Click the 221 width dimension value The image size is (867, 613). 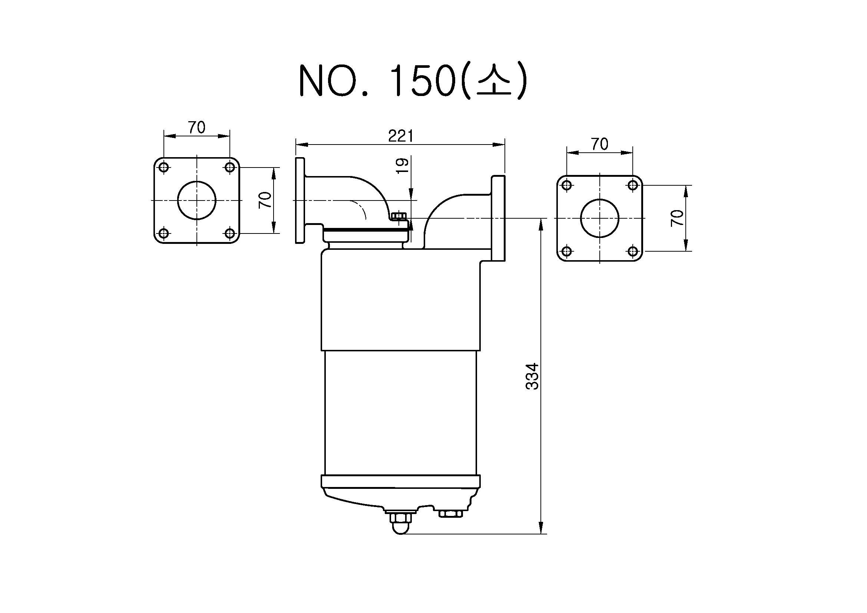[401, 136]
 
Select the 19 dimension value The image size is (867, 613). [403, 165]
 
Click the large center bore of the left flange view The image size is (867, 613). [196, 200]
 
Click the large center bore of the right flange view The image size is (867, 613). [600, 218]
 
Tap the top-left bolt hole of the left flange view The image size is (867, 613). [164, 167]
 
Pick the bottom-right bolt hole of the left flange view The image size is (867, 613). [229, 233]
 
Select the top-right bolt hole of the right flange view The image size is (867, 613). [633, 185]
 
